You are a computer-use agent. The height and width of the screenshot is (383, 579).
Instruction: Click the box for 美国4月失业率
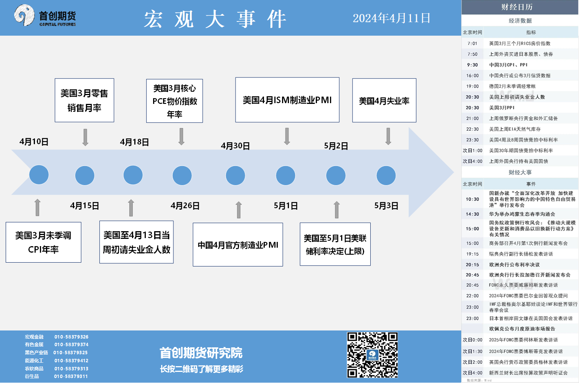pos(384,100)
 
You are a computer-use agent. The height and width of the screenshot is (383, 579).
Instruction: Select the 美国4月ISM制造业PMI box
pos(287,100)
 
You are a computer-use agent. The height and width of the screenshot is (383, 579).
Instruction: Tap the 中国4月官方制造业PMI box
pos(238,244)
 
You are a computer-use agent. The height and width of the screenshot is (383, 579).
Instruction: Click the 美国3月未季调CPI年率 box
pos(43,242)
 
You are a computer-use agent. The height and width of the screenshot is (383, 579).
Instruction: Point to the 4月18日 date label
pos(134,142)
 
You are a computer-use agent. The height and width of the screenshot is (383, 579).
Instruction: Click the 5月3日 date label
pos(386,206)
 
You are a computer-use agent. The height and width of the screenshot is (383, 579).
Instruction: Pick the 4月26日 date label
pos(185,206)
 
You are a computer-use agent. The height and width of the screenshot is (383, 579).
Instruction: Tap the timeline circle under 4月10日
pos(39,175)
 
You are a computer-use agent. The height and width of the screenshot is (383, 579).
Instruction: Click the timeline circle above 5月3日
pos(386,176)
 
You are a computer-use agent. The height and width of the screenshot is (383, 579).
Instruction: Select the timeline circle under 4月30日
pos(235,176)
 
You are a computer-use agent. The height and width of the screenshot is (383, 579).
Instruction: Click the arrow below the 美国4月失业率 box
pos(388,136)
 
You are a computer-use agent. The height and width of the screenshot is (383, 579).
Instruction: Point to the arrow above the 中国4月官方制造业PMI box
pos(239,210)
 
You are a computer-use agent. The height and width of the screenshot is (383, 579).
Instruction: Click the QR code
pos(372,355)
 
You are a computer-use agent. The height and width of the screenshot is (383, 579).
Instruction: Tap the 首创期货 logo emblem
pos(24,15)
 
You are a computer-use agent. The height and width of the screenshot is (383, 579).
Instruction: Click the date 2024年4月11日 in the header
pos(391,18)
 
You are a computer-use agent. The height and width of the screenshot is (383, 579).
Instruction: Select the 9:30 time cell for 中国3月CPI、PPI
pos(472,65)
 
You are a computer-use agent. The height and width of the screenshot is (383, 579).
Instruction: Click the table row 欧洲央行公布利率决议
pos(515,265)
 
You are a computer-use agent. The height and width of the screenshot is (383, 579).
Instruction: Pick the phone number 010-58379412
pos(71,360)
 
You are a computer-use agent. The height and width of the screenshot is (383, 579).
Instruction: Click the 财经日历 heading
pos(517,7)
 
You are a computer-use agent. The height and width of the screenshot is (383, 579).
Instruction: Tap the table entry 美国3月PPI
pos(502,108)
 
